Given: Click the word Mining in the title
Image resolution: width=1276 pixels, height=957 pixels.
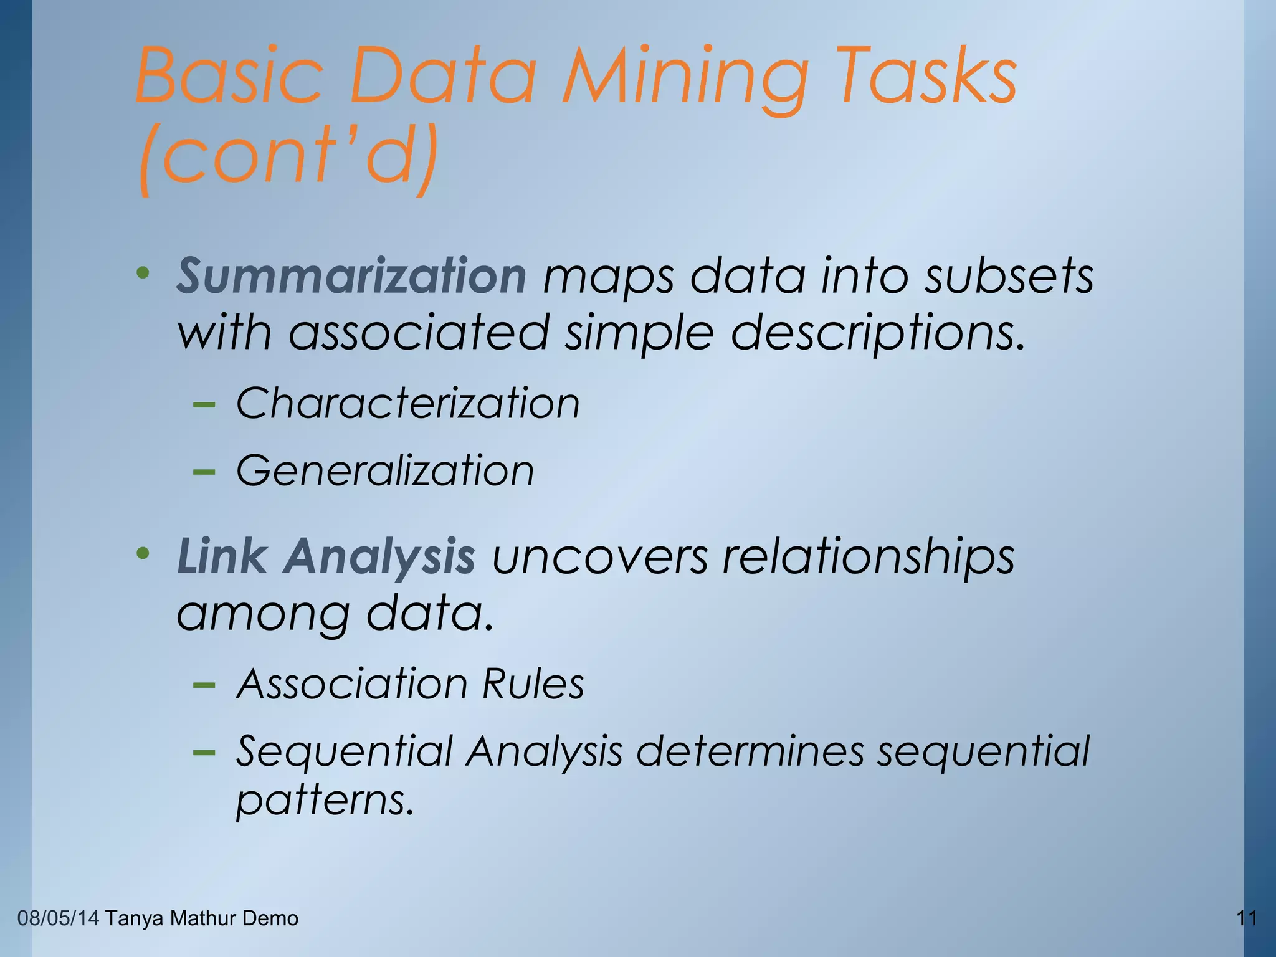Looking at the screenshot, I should click(x=685, y=78).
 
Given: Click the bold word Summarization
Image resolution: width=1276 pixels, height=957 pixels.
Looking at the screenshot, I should click(x=352, y=275).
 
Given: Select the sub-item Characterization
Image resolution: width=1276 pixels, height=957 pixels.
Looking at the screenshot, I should click(x=408, y=403).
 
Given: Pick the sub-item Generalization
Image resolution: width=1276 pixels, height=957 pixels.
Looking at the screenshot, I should click(x=385, y=470).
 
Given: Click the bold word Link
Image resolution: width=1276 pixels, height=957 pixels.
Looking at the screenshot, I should click(x=222, y=556).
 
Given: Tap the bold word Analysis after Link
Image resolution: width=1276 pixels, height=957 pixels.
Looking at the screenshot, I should click(x=379, y=557).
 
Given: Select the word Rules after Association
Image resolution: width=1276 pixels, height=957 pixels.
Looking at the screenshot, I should click(x=533, y=684).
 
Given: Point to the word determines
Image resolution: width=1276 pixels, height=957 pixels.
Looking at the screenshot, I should click(x=750, y=751).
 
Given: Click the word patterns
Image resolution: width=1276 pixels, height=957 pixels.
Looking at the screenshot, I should click(x=325, y=800).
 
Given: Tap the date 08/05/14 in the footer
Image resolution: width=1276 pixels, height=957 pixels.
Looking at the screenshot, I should click(x=58, y=918).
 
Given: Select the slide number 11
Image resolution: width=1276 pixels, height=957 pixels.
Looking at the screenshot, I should click(x=1246, y=918).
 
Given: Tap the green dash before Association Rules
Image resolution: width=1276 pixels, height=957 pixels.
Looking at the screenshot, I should click(x=204, y=686).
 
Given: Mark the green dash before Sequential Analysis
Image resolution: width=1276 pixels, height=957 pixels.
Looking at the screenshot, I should click(x=204, y=753).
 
